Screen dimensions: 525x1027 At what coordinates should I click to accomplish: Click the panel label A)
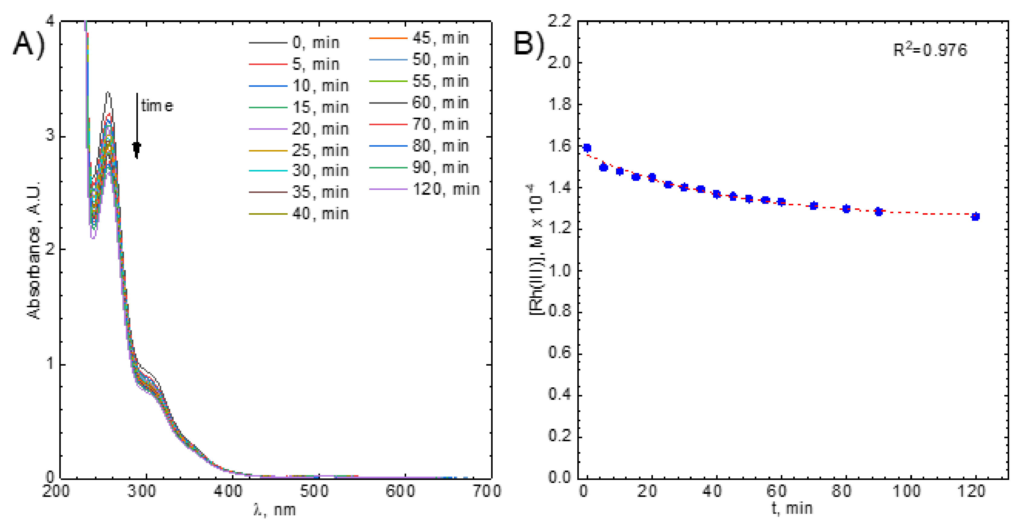tap(29, 45)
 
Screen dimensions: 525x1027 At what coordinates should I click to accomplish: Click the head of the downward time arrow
tap(137, 149)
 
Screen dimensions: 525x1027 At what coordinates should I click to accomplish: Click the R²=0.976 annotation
tap(930, 50)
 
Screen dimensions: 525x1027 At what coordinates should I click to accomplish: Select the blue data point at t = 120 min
tap(975, 217)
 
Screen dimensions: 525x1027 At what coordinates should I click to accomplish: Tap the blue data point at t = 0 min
tap(587, 148)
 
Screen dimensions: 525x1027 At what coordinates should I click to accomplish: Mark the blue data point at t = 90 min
tap(878, 211)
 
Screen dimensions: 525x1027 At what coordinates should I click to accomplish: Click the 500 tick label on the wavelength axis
tap(315, 491)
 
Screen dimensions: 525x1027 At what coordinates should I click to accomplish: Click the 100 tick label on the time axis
tap(906, 491)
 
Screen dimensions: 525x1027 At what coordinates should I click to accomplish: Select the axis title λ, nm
tap(275, 510)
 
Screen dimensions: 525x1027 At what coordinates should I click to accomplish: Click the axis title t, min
tap(792, 508)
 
